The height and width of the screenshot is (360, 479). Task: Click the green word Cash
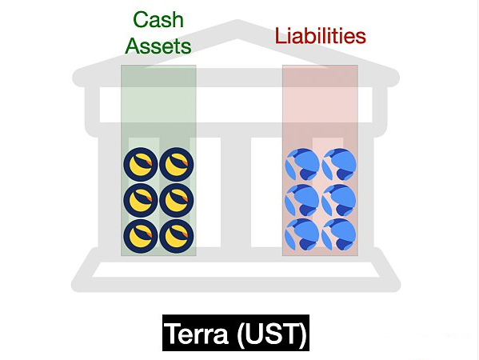(x=158, y=20)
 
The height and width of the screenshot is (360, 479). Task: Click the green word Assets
(x=158, y=46)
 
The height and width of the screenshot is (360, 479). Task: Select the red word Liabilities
(x=320, y=35)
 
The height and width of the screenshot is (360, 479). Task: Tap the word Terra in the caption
(x=197, y=333)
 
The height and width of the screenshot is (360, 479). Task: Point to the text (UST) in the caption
(x=272, y=333)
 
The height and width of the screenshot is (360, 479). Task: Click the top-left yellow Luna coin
(x=141, y=165)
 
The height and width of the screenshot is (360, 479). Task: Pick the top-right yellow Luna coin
(x=177, y=165)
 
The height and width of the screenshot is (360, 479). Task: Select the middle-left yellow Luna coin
(x=141, y=200)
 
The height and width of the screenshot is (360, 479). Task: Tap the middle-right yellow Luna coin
(x=177, y=200)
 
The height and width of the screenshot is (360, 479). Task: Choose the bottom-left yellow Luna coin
(x=141, y=236)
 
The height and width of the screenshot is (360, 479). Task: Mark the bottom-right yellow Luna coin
(x=177, y=236)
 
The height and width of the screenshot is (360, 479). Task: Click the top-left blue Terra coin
(x=302, y=165)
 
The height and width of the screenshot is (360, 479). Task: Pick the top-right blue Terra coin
(x=339, y=165)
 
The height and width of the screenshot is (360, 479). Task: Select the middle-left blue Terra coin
(x=302, y=200)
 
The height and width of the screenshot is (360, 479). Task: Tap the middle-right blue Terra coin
(x=339, y=200)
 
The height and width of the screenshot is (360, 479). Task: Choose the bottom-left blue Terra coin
(x=302, y=235)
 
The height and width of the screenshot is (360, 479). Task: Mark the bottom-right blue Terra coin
(x=339, y=235)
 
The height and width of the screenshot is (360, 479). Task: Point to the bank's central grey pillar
(x=236, y=193)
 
